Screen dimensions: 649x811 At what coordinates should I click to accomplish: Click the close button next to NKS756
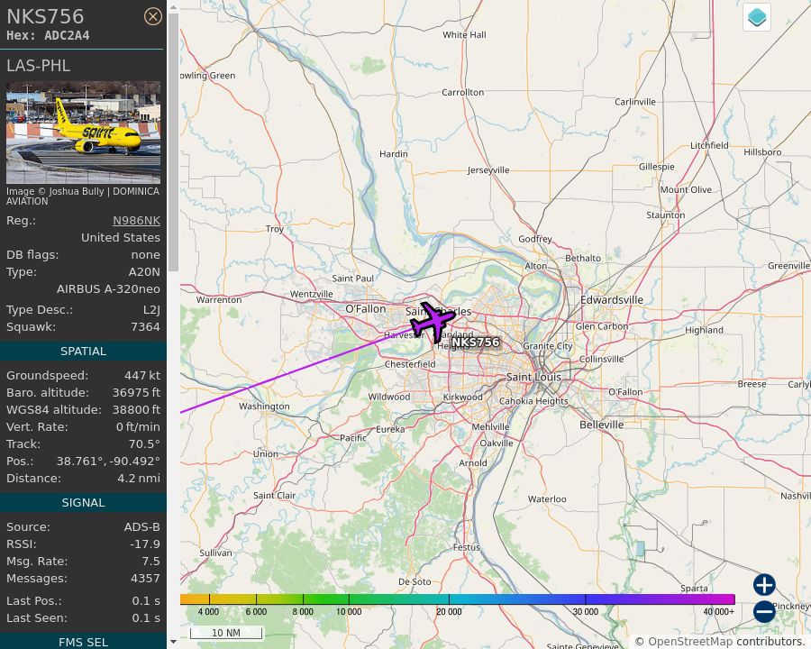(153, 16)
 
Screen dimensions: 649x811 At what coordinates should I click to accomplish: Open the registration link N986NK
(136, 220)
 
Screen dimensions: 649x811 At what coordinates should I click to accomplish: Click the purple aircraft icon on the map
(433, 322)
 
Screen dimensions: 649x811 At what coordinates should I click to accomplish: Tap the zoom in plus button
(764, 585)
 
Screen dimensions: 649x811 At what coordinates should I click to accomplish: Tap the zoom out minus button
(764, 612)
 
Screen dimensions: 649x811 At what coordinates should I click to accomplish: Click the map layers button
(757, 17)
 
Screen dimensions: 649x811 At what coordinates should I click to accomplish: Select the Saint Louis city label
(533, 377)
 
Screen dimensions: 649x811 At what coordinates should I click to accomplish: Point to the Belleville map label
(602, 424)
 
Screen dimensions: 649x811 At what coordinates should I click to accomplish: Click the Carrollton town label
(463, 92)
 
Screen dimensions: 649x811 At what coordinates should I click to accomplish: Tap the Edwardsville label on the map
(612, 299)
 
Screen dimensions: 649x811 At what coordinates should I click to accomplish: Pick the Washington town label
(264, 407)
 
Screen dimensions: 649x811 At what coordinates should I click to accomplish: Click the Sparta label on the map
(694, 589)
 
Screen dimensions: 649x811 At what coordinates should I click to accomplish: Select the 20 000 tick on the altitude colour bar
(449, 611)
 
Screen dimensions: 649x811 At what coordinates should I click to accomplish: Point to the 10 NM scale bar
(226, 633)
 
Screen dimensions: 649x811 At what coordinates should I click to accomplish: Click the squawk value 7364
(145, 326)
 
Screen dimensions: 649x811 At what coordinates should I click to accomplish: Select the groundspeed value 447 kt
(142, 375)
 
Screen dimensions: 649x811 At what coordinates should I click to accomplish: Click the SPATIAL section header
(83, 351)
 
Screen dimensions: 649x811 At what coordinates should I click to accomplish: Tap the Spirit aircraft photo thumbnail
(83, 133)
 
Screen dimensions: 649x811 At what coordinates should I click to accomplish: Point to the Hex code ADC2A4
(68, 35)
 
